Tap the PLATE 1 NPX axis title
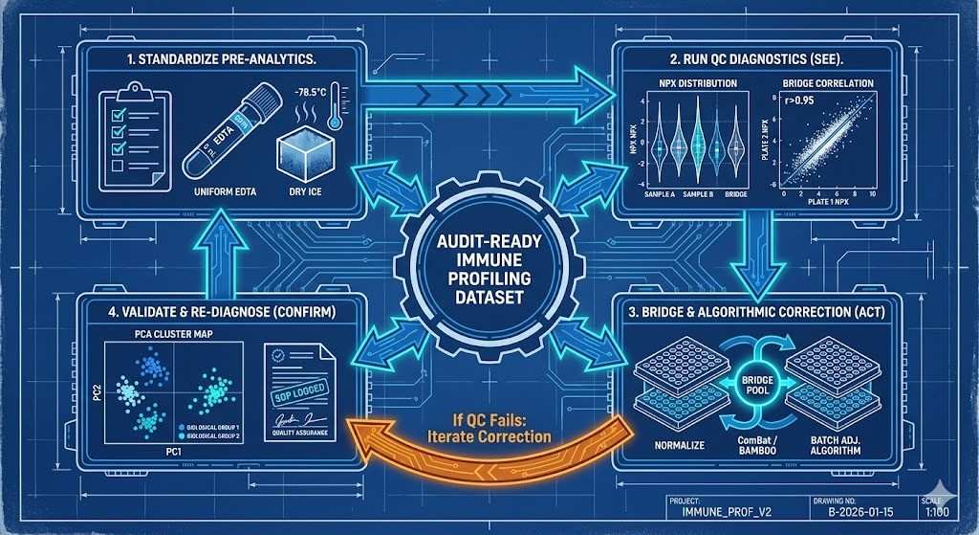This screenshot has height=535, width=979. coord(829,204)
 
